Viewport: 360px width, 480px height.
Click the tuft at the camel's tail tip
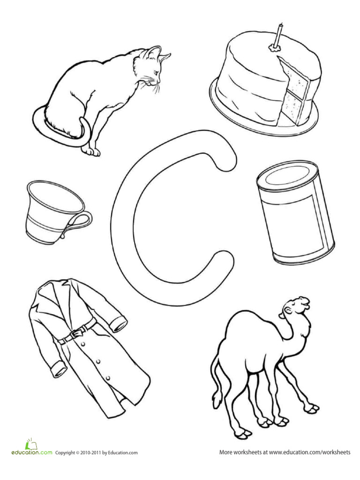point(217,401)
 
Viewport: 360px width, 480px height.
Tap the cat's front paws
point(91,151)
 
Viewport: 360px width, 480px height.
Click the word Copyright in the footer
point(65,453)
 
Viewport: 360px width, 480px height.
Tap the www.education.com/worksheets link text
point(310,452)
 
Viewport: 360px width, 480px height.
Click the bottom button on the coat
point(108,378)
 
